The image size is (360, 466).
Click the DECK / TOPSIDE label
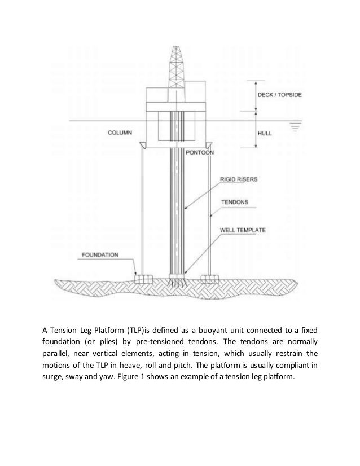[279, 95]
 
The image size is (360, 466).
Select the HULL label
[265, 133]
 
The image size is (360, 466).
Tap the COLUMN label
[120, 133]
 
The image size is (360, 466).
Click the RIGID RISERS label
[239, 179]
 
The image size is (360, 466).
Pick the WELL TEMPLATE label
[243, 230]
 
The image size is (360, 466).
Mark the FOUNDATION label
[100, 255]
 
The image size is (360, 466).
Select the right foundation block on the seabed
[210, 279]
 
